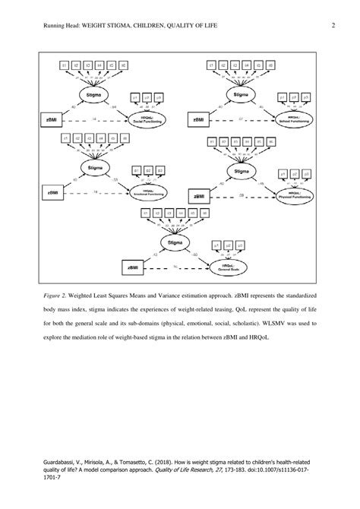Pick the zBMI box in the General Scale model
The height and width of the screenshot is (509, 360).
click(134, 267)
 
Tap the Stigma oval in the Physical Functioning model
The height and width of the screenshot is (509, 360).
click(241, 172)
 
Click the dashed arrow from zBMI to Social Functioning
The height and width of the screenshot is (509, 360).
click(91, 120)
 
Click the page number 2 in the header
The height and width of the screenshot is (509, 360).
click(333, 26)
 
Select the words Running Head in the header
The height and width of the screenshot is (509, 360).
click(46, 26)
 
